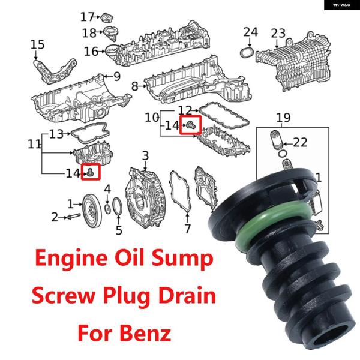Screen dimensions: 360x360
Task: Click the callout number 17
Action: pyautogui.click(x=87, y=17)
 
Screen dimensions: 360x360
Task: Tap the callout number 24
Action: pyautogui.click(x=250, y=32)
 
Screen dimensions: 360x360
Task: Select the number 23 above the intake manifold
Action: pyautogui.click(x=278, y=34)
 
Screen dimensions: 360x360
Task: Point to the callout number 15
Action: pyautogui.click(x=37, y=44)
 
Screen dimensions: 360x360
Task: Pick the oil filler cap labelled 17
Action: pyautogui.click(x=107, y=17)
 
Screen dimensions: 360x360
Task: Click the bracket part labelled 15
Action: pyautogui.click(x=56, y=71)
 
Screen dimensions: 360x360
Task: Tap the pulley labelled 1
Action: pyautogui.click(x=92, y=211)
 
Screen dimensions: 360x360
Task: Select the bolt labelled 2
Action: pyautogui.click(x=73, y=216)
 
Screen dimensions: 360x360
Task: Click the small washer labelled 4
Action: pyautogui.click(x=107, y=208)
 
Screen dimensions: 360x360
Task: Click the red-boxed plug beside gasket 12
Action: pyautogui.click(x=191, y=125)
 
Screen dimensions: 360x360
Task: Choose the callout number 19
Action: pyautogui.click(x=283, y=118)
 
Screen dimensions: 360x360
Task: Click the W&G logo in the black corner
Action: pyautogui.click(x=341, y=5)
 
